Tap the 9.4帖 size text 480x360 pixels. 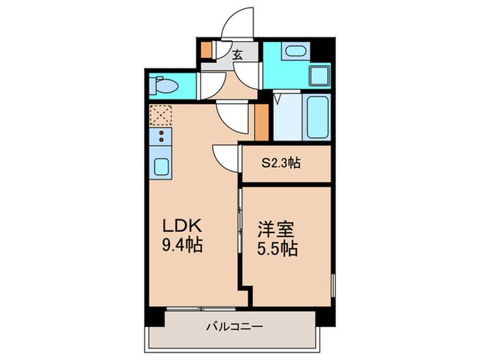[x=182, y=245]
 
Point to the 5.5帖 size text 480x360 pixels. [x=278, y=248]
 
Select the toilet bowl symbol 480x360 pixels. [x=165, y=87]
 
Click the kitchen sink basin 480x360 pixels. [x=162, y=167]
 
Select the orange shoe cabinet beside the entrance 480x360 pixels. [x=206, y=51]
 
